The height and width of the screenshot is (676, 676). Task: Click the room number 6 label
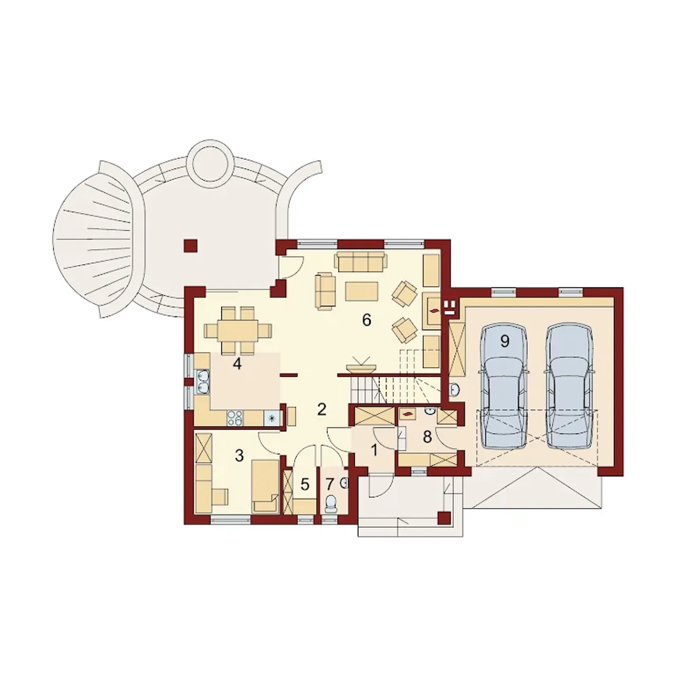tap(366, 320)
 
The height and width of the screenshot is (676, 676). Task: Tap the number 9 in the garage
tap(504, 341)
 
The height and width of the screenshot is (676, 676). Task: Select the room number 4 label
tap(237, 364)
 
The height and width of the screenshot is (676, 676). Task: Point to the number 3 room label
tap(239, 456)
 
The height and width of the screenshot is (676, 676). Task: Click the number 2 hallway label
tap(322, 409)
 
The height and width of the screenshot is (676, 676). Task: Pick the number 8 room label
tap(427, 437)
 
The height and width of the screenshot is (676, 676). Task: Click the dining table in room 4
tap(238, 330)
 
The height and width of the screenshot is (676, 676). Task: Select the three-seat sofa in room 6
tap(360, 261)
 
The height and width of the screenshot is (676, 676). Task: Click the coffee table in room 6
tap(362, 291)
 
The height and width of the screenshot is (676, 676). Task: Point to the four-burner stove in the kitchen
tap(235, 417)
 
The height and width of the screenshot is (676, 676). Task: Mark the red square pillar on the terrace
tap(191, 246)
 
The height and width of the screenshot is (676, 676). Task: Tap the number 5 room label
tap(305, 485)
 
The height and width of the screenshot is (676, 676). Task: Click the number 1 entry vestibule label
tap(374, 450)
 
